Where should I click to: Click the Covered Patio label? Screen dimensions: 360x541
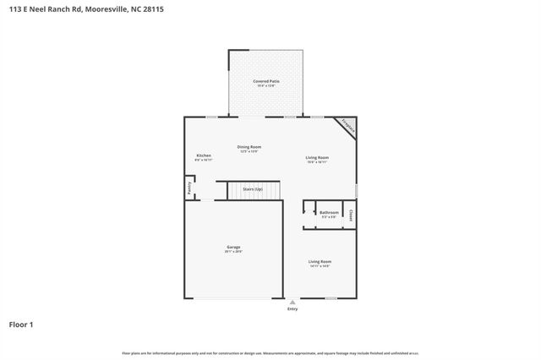[266, 81]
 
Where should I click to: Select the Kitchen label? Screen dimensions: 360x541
[204, 155]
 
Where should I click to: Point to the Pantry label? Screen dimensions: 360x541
[189, 188]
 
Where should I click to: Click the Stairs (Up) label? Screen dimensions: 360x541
[253, 189]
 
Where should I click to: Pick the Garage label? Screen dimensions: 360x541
[233, 247]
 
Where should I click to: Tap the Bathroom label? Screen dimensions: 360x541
[329, 212]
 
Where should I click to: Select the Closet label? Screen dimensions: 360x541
[351, 215]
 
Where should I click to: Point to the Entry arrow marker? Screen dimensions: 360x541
[292, 302]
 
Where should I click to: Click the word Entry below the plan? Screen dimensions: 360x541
[292, 308]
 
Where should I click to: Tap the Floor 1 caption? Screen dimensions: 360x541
[21, 324]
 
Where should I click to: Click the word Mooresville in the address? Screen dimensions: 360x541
[107, 10]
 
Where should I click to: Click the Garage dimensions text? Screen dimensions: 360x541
[233, 252]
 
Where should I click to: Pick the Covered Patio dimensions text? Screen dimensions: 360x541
[266, 86]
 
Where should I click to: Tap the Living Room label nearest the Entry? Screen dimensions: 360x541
[320, 262]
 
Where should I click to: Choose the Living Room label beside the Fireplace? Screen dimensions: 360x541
[317, 158]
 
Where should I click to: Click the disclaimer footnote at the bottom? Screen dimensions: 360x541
[270, 352]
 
